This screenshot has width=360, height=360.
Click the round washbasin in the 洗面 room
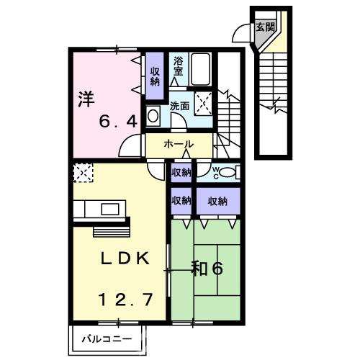pyautogui.click(x=154, y=115)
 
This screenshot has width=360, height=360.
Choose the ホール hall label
pyautogui.click(x=179, y=145)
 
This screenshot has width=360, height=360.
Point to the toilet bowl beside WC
pyautogui.click(x=228, y=171)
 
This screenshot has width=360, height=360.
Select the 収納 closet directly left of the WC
pyautogui.click(x=181, y=172)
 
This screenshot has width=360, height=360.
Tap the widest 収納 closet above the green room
pyautogui.click(x=217, y=201)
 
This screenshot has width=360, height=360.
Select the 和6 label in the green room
pyautogui.click(x=207, y=269)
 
